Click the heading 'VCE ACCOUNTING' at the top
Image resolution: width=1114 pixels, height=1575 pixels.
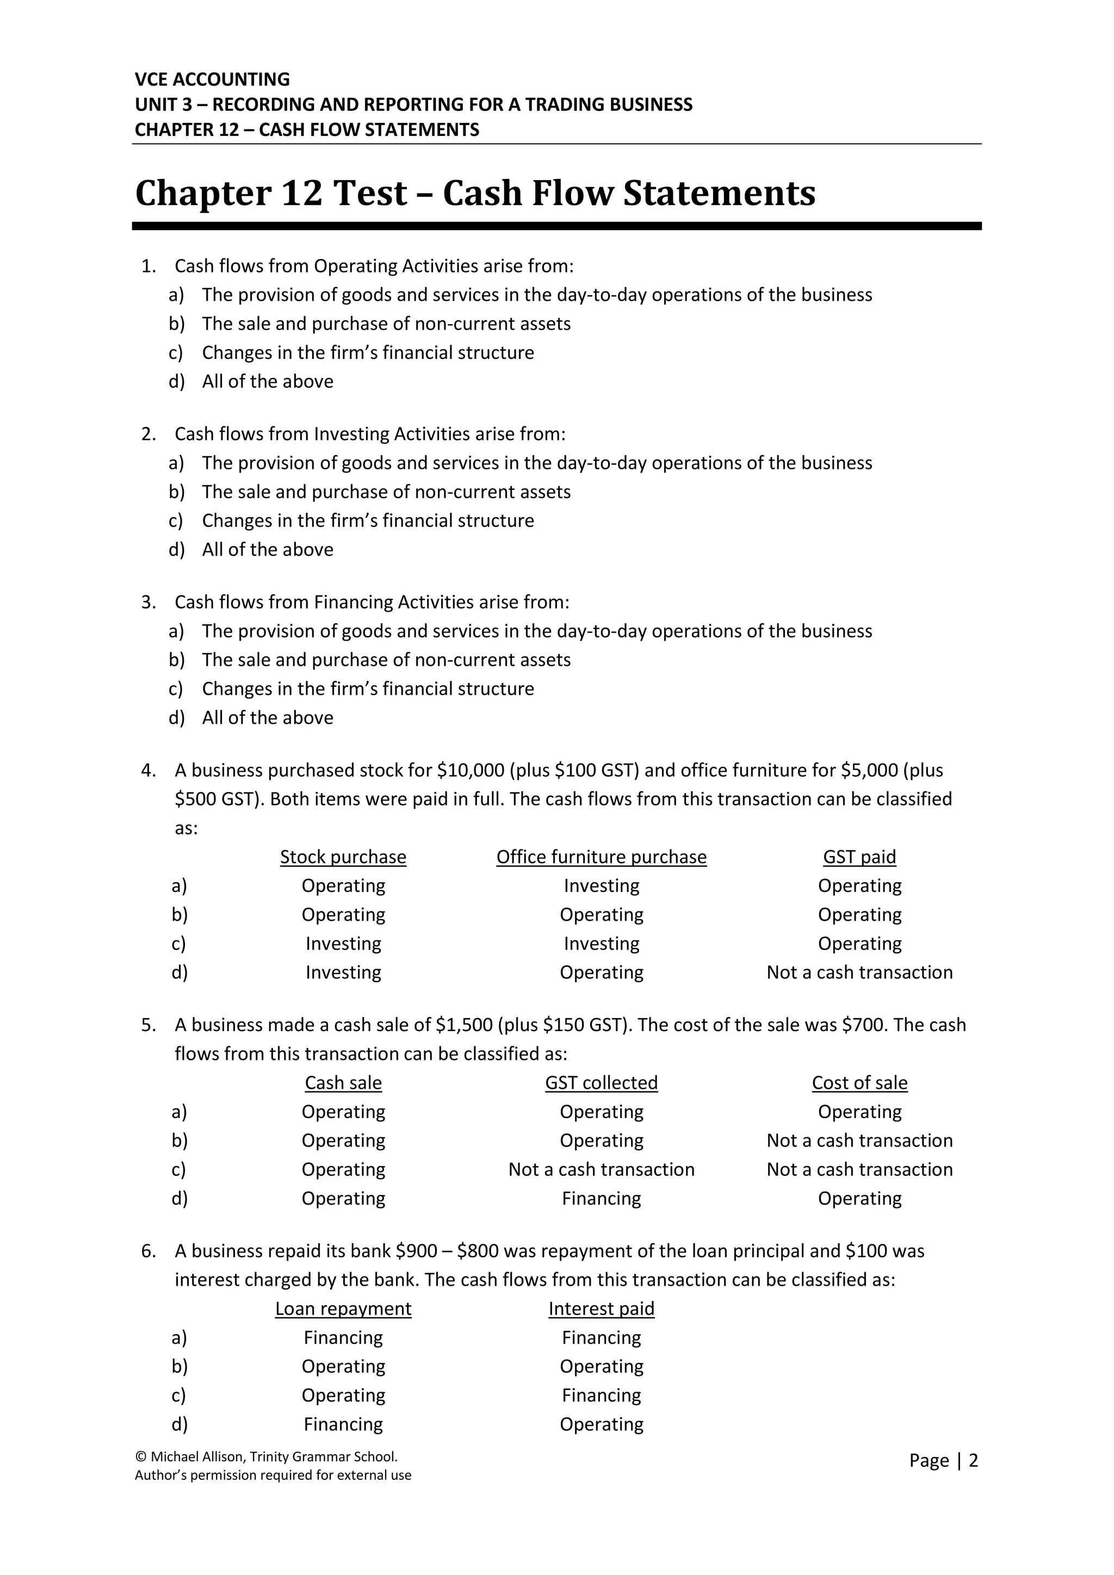pos(212,79)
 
